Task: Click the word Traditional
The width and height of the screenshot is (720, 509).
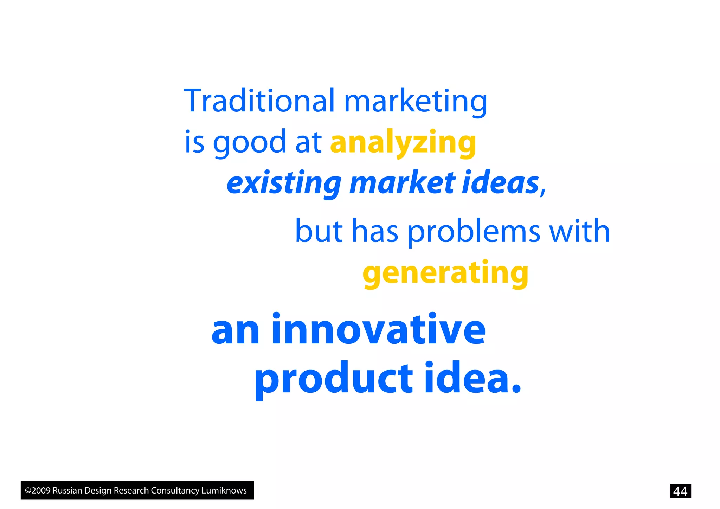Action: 259,101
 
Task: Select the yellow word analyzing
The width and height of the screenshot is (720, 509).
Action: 403,142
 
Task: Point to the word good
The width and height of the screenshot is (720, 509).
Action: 250,142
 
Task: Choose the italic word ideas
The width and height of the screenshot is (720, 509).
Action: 501,183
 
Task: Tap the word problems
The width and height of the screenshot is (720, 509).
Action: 474,232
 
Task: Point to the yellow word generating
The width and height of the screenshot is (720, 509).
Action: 445,273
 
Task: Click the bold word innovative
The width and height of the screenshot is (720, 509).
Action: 378,330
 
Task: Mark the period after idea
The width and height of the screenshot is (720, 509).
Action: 516,389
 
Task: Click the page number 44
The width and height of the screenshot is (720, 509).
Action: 680,491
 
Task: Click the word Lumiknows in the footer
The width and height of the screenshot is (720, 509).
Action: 224,490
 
